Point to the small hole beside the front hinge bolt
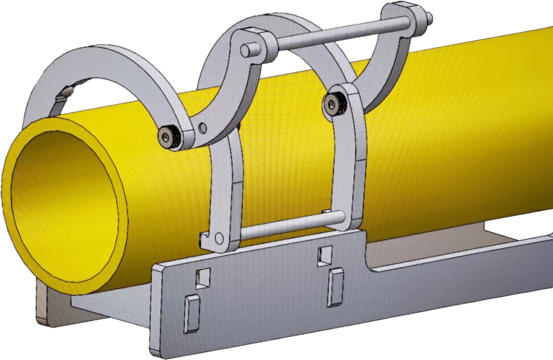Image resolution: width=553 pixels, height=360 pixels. click(x=203, y=127)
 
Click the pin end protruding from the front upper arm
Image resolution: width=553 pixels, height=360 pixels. click(x=246, y=50)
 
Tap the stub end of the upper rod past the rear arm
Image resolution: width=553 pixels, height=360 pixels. click(x=429, y=20)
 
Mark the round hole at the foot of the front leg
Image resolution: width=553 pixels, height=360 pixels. click(x=219, y=238)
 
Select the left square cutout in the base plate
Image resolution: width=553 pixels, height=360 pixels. click(x=204, y=277)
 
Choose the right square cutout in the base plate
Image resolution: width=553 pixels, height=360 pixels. click(x=325, y=254)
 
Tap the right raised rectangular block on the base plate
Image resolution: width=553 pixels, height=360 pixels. click(x=335, y=286)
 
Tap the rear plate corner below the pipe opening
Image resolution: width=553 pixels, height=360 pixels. click(x=46, y=313)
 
